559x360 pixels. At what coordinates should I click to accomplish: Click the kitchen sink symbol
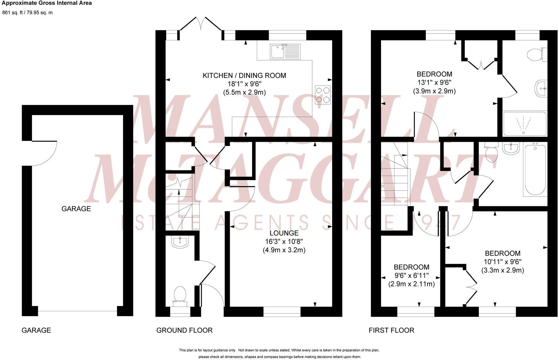[285, 52]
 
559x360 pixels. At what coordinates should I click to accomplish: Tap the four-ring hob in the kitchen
[323, 95]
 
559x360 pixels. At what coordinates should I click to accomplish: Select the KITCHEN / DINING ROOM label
[244, 75]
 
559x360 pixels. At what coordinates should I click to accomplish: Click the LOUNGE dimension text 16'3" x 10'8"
[284, 241]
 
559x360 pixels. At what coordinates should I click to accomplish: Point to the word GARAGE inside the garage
[76, 209]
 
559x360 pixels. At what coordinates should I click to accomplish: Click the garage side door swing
[43, 154]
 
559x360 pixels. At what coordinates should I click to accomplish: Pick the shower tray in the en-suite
[524, 124]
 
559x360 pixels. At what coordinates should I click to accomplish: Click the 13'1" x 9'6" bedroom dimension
[434, 83]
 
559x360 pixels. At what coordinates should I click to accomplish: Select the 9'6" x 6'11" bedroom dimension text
[411, 275]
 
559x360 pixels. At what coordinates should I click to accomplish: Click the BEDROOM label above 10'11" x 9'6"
[502, 253]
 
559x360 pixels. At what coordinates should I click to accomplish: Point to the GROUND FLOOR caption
[184, 330]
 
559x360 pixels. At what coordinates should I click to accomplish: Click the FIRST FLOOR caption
[391, 330]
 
